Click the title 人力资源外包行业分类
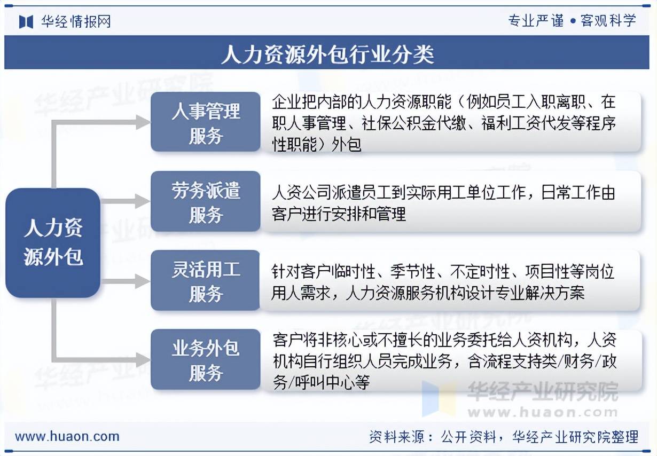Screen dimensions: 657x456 click(x=327, y=54)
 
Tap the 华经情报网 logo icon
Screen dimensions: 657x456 click(x=26, y=22)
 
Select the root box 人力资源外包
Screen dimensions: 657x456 click(x=53, y=243)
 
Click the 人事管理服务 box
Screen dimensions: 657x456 click(x=206, y=122)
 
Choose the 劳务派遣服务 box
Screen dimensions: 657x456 click(x=206, y=201)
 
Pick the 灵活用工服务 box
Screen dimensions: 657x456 click(x=205, y=280)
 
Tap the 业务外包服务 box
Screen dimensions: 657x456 click(x=206, y=359)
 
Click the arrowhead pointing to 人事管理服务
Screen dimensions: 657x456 click(x=144, y=122)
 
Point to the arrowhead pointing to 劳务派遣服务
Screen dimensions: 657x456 click(x=144, y=201)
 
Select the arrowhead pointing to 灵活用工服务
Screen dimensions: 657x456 click(x=144, y=281)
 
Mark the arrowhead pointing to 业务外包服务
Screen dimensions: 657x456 click(x=144, y=360)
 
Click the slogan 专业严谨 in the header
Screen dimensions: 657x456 click(x=536, y=21)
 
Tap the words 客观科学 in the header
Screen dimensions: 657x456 click(x=608, y=21)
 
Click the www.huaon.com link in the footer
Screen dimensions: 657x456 click(x=67, y=436)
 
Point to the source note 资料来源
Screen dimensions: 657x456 click(x=396, y=437)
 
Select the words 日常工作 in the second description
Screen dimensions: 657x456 click(x=570, y=193)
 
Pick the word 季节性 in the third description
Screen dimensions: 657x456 click(x=413, y=272)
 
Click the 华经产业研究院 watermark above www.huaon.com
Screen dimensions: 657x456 click(x=543, y=392)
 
